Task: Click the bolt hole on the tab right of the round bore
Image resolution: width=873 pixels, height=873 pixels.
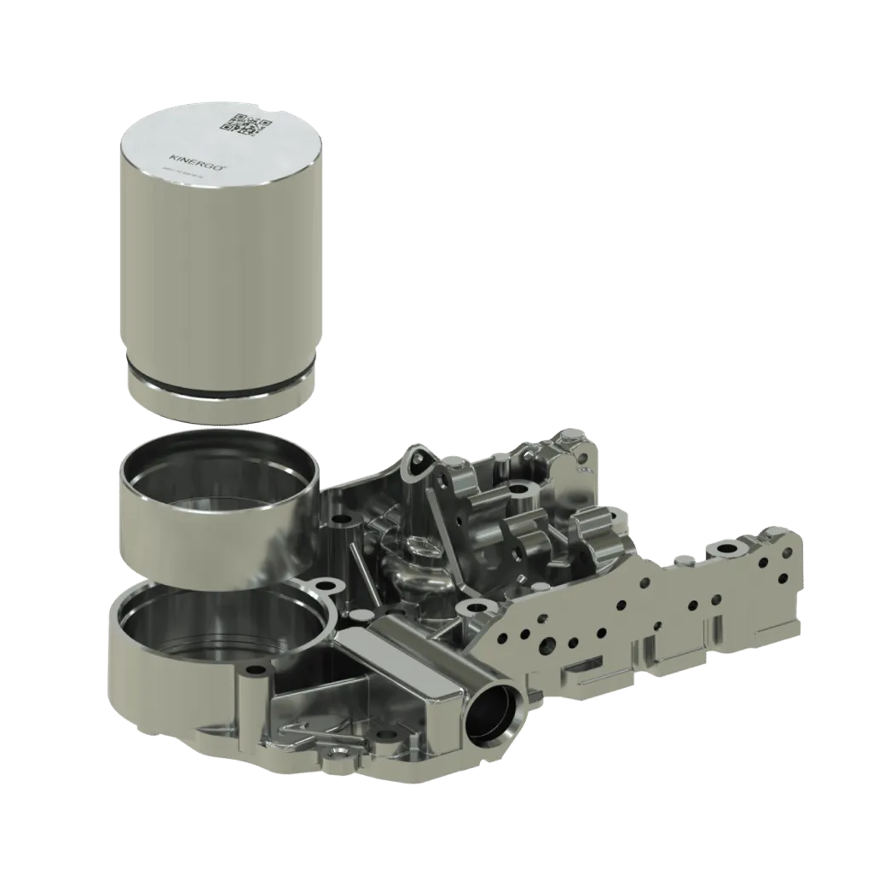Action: pyautogui.click(x=327, y=587)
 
